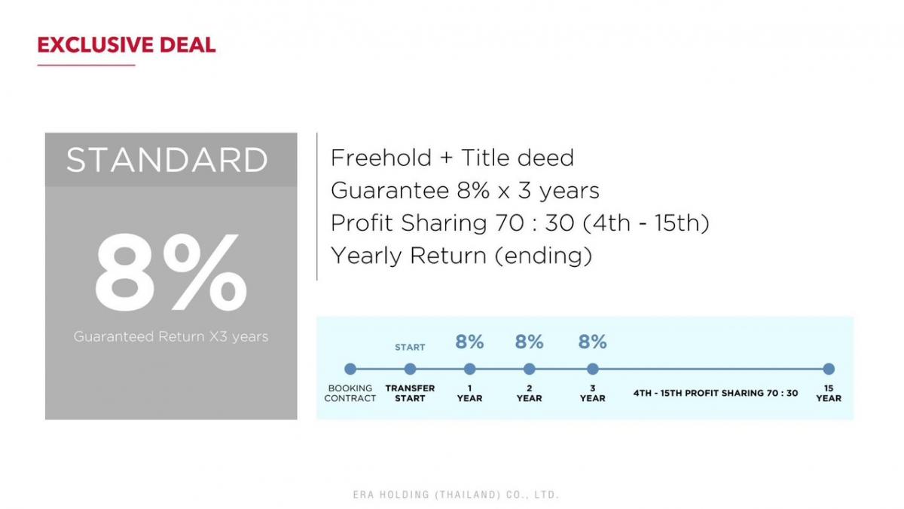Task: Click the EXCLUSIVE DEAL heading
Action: [x=127, y=44]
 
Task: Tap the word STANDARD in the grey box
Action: [x=167, y=160]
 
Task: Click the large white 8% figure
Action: [x=171, y=272]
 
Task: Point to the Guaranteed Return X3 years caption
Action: [x=171, y=336]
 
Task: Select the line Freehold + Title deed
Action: [x=452, y=158]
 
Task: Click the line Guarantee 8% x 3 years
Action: [x=465, y=190]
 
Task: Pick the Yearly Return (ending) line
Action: [x=461, y=256]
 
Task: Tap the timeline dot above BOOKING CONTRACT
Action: [x=350, y=369]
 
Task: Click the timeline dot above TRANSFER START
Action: [x=410, y=369]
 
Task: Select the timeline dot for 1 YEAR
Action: [x=470, y=369]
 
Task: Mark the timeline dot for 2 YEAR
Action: [x=529, y=369]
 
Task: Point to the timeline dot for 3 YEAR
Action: [x=592, y=369]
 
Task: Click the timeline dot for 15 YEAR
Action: [x=829, y=369]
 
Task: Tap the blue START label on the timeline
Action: [x=410, y=348]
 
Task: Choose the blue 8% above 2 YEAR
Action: [x=529, y=342]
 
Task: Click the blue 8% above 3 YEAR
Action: [x=592, y=342]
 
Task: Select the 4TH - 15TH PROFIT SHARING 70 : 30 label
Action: [x=716, y=393]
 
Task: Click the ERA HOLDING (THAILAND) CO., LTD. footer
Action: [x=456, y=495]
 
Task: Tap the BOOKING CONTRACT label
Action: [x=350, y=393]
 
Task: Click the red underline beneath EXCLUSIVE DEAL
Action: [x=87, y=65]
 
